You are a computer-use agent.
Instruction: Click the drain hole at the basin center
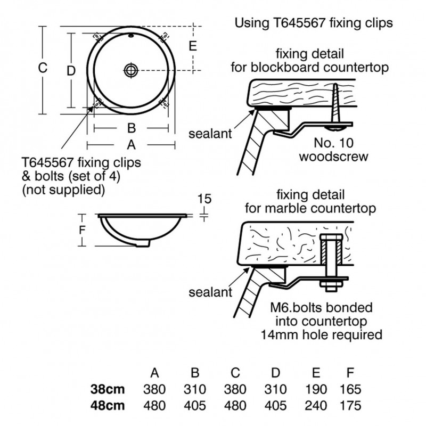click(x=131, y=69)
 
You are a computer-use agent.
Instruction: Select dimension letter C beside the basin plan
click(x=44, y=68)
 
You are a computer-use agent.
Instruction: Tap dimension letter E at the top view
click(x=193, y=46)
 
